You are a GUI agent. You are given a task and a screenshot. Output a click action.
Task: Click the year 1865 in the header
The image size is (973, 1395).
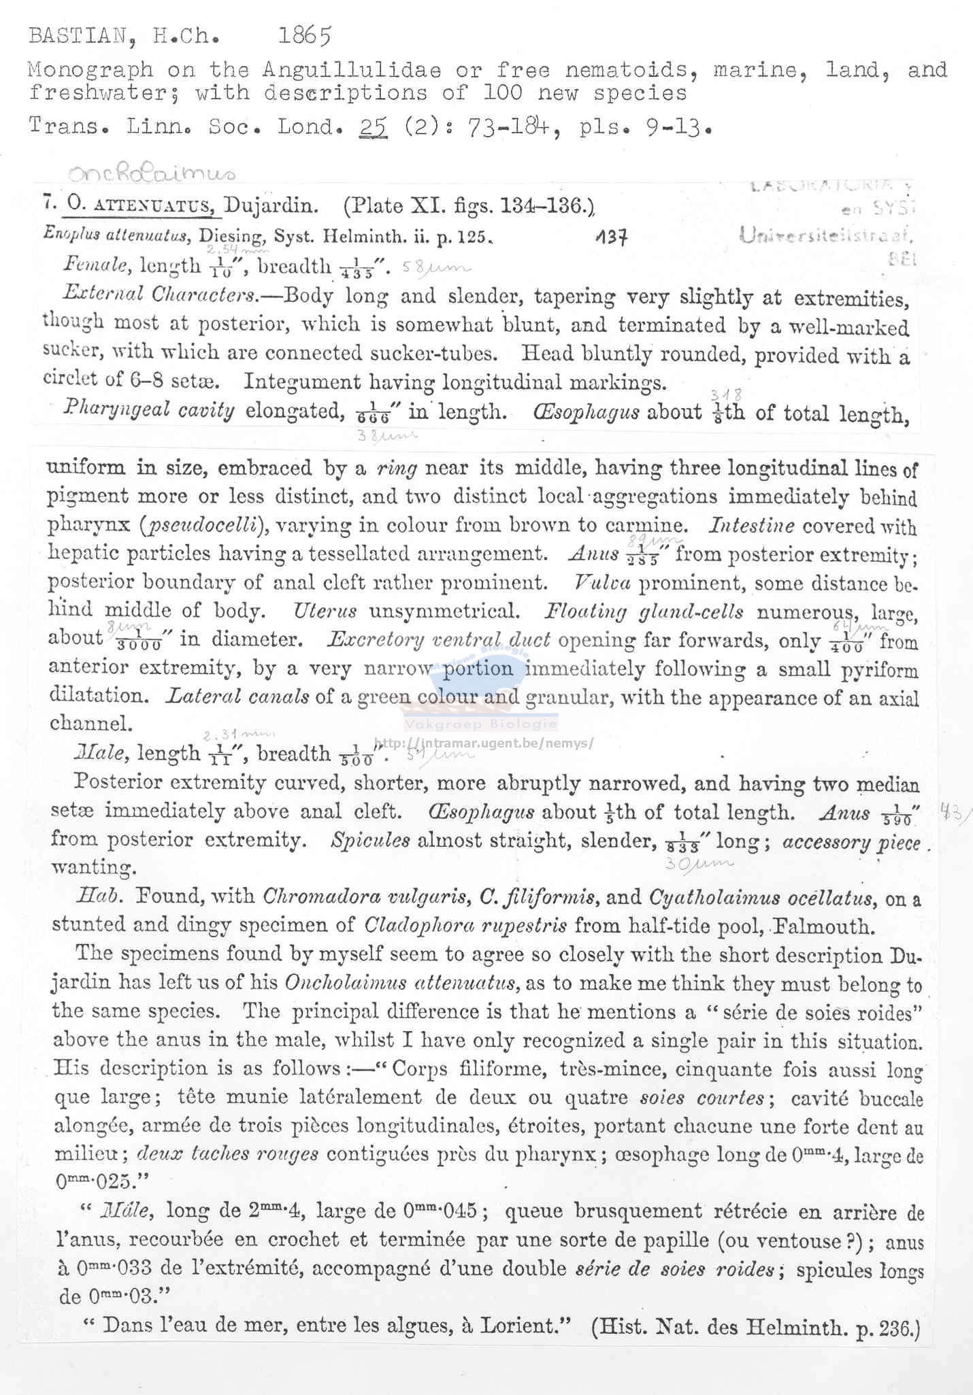click(304, 35)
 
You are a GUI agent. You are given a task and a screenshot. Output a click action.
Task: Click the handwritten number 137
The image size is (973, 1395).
click(610, 237)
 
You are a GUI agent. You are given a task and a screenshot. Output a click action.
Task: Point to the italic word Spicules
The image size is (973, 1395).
click(370, 840)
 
